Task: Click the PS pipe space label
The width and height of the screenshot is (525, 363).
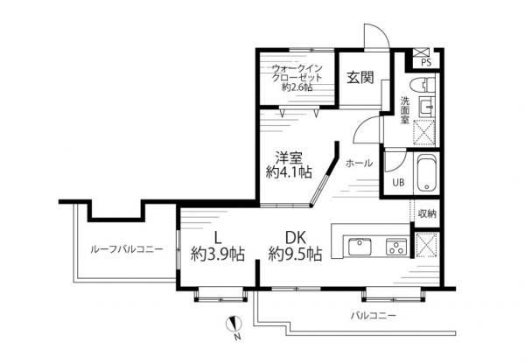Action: coord(426,63)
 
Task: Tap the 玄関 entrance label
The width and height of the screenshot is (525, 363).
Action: coord(360,78)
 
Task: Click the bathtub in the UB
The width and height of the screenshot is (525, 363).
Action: coord(427,173)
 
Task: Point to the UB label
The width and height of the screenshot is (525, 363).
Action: coord(398,182)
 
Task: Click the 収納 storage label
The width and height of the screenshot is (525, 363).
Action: coord(427,213)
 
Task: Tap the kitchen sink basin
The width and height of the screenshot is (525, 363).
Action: coord(360,247)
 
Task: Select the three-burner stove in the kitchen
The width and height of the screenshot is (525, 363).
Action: coord(397,247)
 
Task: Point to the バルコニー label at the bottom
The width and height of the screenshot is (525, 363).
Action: coord(374,316)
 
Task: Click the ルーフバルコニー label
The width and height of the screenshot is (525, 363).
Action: coord(127,249)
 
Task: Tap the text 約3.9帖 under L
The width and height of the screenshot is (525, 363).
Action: coord(218,255)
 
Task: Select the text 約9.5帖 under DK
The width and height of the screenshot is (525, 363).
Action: coord(296,255)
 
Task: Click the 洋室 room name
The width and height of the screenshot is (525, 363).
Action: coord(289,157)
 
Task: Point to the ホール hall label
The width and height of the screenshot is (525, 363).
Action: coord(359,164)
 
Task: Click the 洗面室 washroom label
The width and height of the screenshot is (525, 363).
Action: coord(405,110)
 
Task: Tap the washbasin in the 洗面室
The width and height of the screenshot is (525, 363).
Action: coord(426,107)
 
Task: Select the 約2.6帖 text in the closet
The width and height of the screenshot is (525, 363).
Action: coord(297,87)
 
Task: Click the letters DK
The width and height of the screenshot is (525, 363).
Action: coord(296,238)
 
